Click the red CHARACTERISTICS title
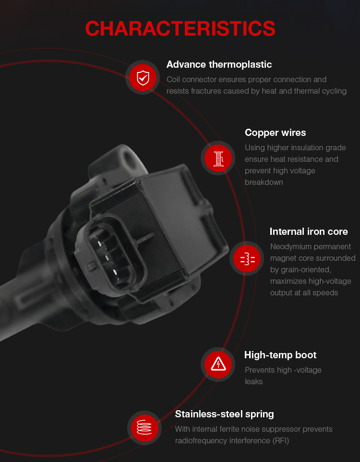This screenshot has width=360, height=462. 180,29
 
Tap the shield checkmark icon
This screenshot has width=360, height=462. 143,78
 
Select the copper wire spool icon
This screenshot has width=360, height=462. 218,158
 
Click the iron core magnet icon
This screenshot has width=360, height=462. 247,258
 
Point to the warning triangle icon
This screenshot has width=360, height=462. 218,365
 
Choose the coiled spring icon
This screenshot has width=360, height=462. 144,428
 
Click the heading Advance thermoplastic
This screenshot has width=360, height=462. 219,64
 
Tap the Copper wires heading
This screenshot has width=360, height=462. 276,133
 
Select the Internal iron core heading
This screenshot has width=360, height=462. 309,231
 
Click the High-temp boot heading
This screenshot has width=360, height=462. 280,355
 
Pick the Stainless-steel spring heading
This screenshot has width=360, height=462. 225,414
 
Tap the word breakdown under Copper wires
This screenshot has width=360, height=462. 264,182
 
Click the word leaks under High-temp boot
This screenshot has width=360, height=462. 253,382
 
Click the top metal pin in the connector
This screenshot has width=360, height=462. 99,243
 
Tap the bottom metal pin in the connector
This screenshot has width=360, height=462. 115,271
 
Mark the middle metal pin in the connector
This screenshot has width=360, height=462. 107,258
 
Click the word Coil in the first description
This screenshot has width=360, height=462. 173,80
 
